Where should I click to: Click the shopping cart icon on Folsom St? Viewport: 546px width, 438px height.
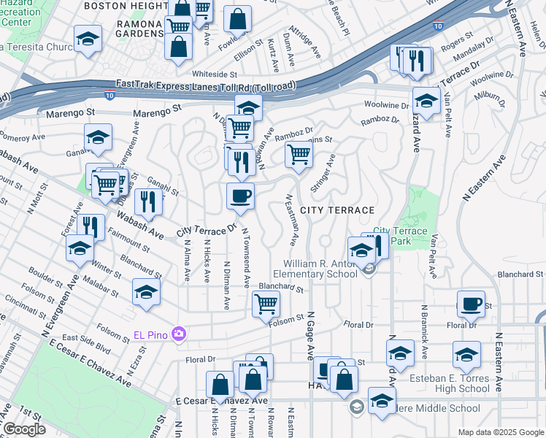tap(266, 304)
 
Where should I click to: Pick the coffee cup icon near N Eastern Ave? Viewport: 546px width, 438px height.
tap(471, 304)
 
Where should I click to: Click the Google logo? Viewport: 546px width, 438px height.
tap(23, 429)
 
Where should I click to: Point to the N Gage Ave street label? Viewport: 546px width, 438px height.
tap(310, 341)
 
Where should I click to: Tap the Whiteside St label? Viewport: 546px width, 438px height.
tap(215, 74)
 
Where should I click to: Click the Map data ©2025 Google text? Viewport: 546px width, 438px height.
tap(500, 432)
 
